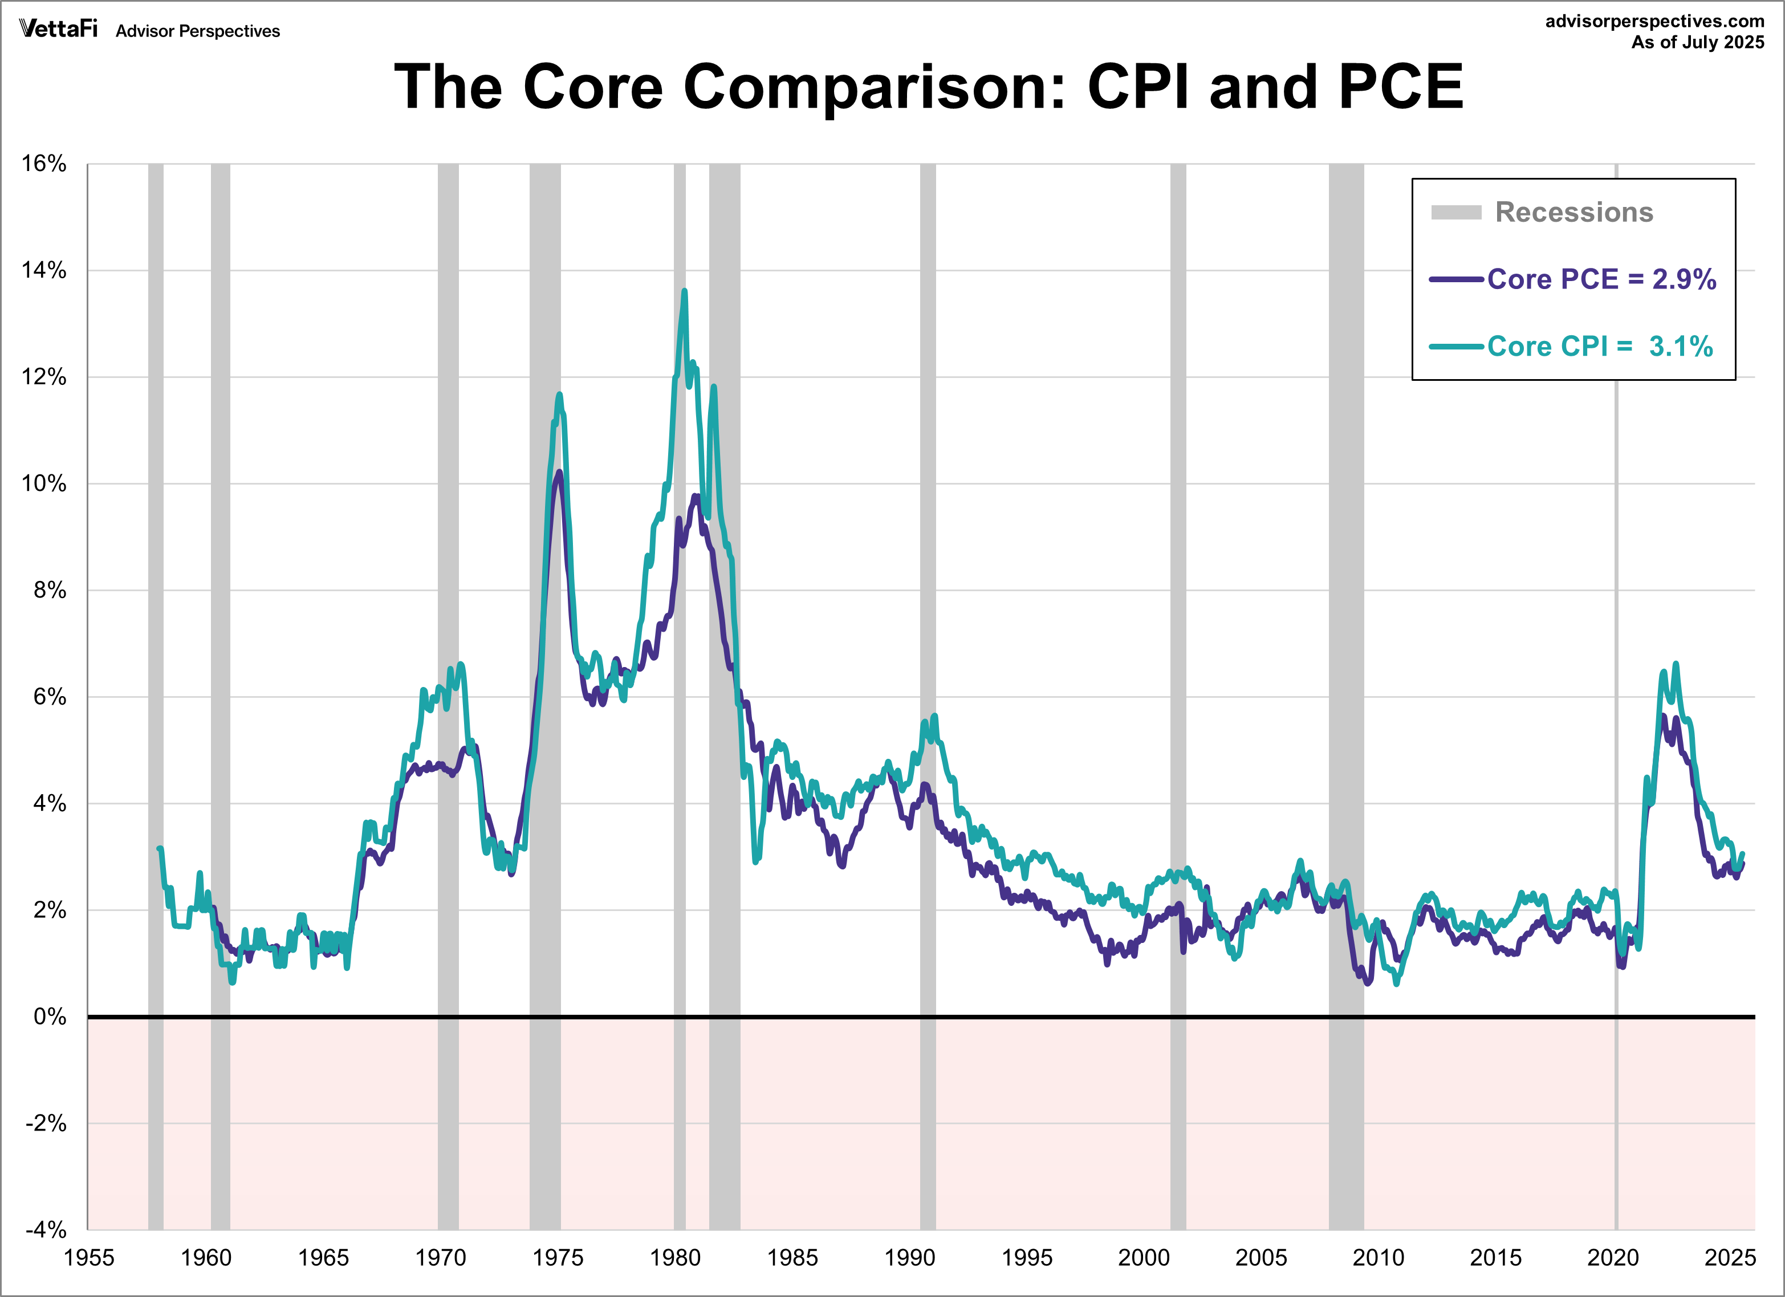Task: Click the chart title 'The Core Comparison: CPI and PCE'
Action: (928, 87)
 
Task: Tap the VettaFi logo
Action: (58, 29)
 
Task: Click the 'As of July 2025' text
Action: (1698, 43)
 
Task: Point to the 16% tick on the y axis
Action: (44, 164)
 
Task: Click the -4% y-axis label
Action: (46, 1229)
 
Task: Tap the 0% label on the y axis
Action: (49, 1017)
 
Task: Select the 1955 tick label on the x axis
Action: (89, 1258)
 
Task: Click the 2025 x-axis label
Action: (1730, 1258)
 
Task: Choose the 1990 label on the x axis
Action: (910, 1258)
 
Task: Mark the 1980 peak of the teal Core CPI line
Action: (684, 291)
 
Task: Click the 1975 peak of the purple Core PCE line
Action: (559, 472)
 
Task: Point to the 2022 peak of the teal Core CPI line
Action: (1676, 664)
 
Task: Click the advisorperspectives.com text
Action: (1654, 21)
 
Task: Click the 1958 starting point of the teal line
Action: (160, 848)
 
